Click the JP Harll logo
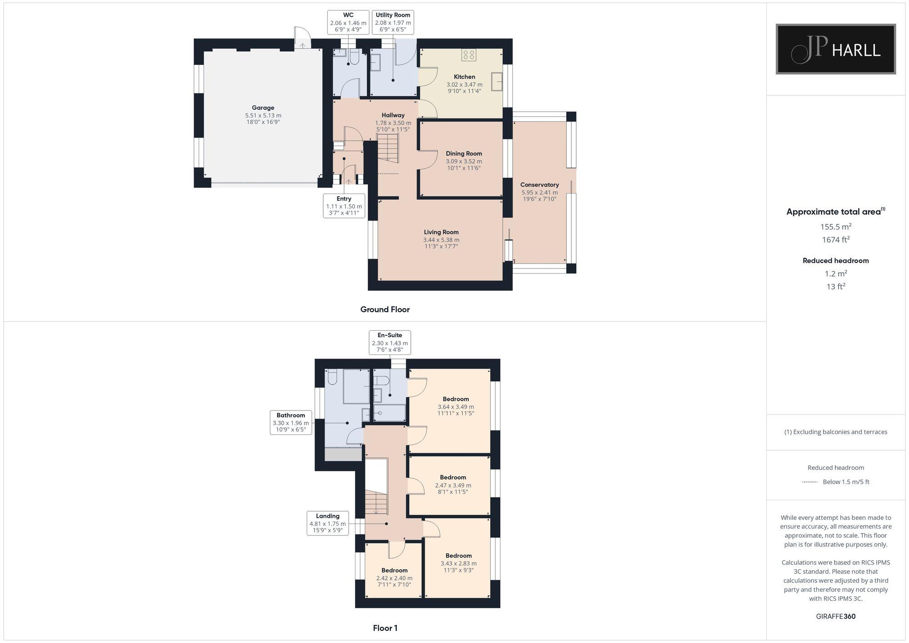click(x=835, y=49)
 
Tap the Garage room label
click(x=263, y=108)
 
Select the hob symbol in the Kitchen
click(x=469, y=55)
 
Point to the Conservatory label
click(x=539, y=184)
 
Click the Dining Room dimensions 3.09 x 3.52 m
click(x=464, y=161)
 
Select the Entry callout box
click(x=344, y=205)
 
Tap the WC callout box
click(x=348, y=22)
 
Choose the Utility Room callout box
click(x=393, y=22)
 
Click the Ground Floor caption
click(x=385, y=309)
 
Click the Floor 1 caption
click(x=385, y=628)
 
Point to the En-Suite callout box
click(x=390, y=342)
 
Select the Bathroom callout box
click(x=290, y=422)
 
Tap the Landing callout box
click(x=327, y=523)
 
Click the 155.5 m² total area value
click(x=835, y=226)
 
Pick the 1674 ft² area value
click(x=835, y=239)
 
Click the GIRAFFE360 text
click(x=835, y=616)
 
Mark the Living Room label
click(x=441, y=232)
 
